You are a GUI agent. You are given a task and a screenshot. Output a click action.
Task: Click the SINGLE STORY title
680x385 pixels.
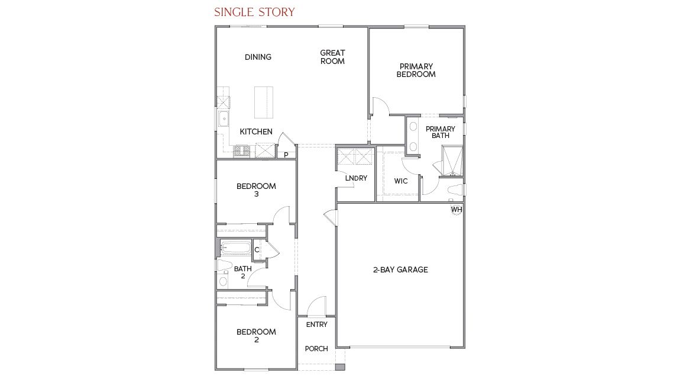point(254,12)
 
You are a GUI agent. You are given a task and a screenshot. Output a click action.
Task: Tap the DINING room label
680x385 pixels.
point(258,57)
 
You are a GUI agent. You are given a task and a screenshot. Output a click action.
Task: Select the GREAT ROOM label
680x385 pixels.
point(332,57)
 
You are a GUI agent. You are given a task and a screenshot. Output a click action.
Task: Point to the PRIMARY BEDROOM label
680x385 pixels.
point(416,70)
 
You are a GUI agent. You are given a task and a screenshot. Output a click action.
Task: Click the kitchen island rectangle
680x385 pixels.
point(264,102)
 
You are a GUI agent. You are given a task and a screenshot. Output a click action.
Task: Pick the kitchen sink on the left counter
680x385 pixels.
point(224,119)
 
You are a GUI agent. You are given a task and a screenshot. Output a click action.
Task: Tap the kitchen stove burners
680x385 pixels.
point(242,151)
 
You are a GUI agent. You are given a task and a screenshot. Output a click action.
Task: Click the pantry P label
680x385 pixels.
point(286,155)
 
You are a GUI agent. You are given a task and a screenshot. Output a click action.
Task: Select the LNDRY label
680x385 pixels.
point(356,178)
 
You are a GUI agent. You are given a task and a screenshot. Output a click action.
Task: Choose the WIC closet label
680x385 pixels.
point(401,181)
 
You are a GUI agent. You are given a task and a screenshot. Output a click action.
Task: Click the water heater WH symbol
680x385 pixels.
point(456,210)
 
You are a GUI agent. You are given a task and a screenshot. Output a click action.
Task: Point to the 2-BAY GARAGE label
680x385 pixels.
point(400,270)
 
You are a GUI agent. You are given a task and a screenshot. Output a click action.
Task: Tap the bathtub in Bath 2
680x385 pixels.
point(235,248)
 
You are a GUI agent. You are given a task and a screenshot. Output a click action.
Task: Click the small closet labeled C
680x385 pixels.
point(257,250)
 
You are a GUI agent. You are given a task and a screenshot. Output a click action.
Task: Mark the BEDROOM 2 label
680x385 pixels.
point(256,335)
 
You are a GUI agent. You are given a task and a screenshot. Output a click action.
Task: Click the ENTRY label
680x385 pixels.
point(316,325)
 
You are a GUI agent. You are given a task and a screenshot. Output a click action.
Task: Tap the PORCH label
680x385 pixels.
point(316,349)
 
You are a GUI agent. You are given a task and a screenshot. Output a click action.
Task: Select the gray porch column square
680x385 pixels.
point(339,367)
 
